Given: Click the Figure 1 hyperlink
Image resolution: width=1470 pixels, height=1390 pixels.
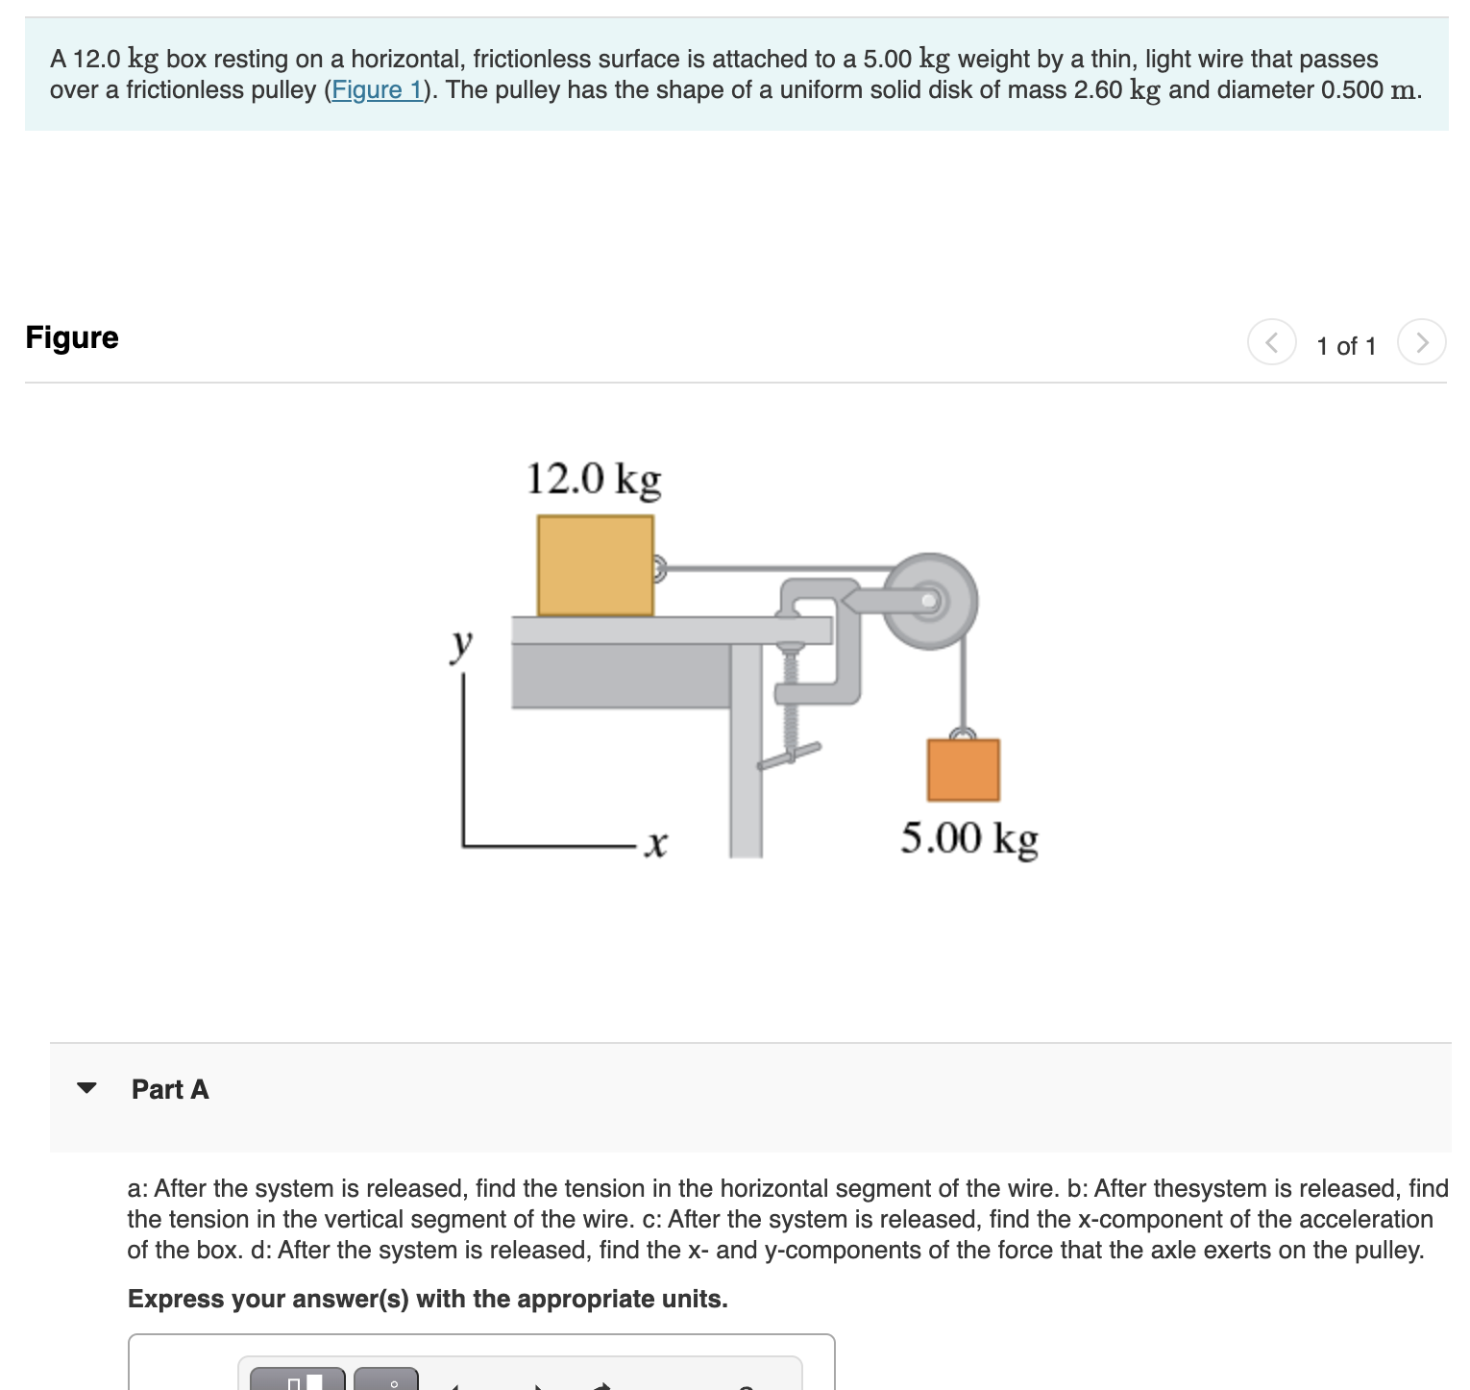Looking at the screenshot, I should tap(377, 90).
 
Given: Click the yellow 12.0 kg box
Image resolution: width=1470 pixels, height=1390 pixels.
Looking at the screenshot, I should tap(595, 565).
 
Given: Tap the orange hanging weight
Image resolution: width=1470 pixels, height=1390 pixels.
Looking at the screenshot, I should tap(963, 770).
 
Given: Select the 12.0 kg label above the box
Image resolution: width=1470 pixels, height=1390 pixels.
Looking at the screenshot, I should tap(594, 478).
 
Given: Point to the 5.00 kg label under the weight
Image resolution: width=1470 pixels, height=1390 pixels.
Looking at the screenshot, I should tap(968, 838).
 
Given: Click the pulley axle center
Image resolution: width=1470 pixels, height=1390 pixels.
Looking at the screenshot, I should tap(928, 601).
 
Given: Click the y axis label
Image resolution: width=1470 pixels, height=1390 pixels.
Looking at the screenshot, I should tap(462, 644).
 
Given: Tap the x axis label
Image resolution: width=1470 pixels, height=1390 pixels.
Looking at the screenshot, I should tap(655, 845).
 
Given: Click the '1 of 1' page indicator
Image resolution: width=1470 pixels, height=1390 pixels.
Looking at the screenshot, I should tap(1345, 346).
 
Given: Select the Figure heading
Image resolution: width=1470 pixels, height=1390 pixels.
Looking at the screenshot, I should tap(72, 337).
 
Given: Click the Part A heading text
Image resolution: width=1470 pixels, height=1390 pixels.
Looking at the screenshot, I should tap(170, 1089).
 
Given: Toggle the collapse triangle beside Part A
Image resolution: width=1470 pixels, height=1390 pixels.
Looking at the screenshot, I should tap(86, 1088).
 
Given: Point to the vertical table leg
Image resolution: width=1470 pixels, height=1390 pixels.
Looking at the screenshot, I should tap(746, 769).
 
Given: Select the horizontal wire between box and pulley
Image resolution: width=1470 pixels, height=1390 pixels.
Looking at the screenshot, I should tap(769, 568).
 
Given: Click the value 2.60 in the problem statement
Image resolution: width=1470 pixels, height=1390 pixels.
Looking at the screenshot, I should tap(1097, 90).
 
